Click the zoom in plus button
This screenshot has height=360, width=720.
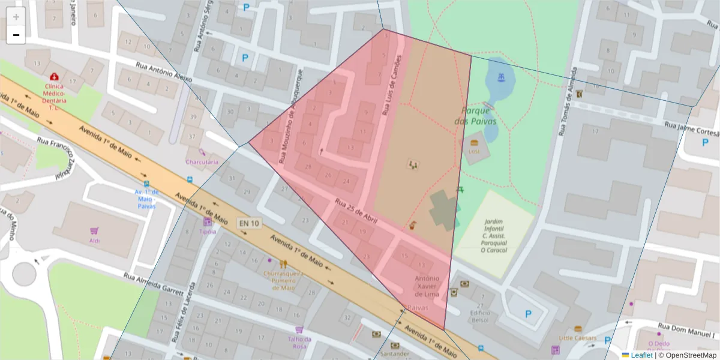pos(16,17)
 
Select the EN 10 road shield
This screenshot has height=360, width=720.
pos(249,223)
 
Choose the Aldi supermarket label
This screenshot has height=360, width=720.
pos(94,241)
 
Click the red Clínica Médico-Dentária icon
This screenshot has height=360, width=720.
pos(55,77)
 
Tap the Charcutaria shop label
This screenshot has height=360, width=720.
pos(202,161)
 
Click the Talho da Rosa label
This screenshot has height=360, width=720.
pos(299,342)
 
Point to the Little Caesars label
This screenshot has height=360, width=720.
pos(578,338)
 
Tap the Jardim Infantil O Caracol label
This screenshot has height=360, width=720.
pos(494,235)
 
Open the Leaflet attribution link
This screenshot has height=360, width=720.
pos(641,355)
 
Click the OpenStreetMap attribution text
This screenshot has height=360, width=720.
pos(690,355)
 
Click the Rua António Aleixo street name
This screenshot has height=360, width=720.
pos(164,72)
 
